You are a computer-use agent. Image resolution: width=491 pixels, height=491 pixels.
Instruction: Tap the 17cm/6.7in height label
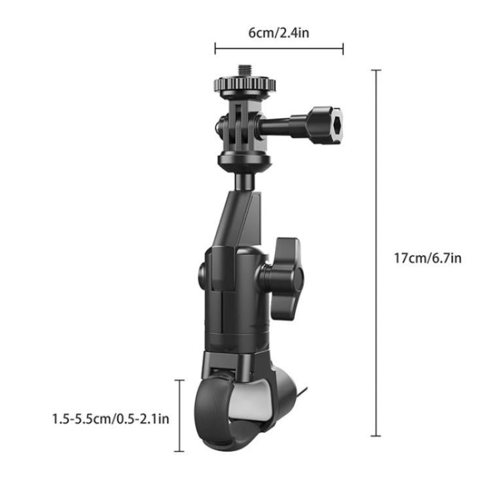pos(427,258)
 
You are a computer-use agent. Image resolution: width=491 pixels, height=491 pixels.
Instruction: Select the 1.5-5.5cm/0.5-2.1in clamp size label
pos(111,418)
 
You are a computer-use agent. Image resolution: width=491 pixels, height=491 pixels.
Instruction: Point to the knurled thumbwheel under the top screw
pos(244,84)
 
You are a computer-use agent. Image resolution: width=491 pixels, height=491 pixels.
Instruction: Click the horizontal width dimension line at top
pos(279,48)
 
